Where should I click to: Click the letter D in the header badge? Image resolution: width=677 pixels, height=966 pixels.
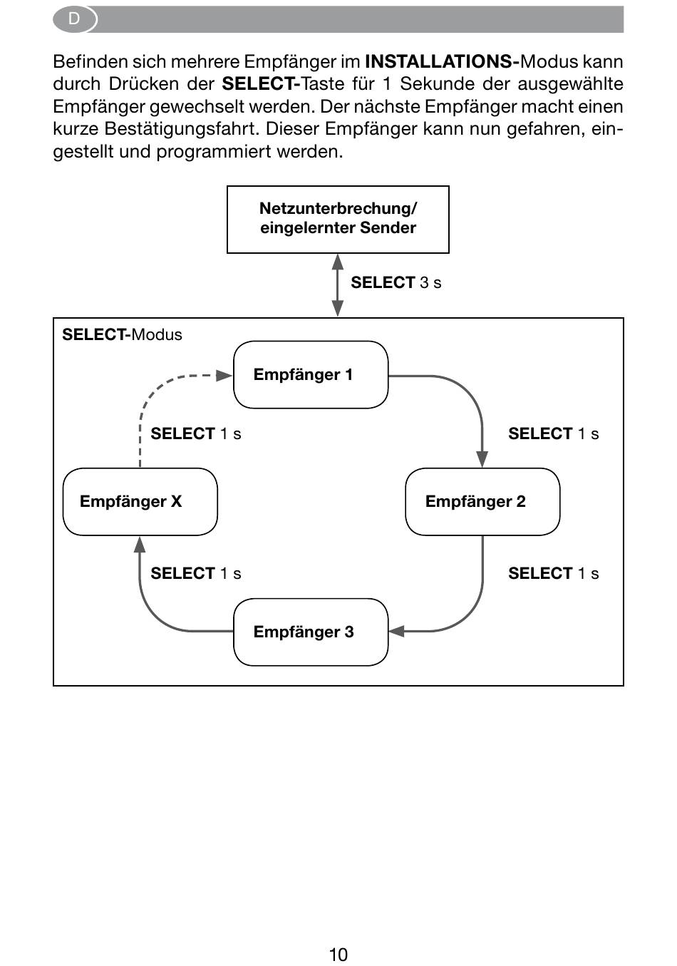point(74,19)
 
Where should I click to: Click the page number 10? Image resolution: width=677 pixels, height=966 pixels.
point(338,955)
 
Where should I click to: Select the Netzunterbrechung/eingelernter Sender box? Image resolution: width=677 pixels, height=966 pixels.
point(338,220)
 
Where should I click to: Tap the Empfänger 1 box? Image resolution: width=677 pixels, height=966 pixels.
point(311,375)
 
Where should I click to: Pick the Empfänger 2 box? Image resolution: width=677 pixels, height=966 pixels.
point(482,502)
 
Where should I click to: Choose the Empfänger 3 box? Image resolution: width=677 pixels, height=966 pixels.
point(311,632)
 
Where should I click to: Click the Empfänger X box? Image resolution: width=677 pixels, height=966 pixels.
point(140,502)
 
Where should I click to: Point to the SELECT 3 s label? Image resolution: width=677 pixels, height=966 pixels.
point(396,282)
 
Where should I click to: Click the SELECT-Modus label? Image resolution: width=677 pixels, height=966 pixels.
point(122,334)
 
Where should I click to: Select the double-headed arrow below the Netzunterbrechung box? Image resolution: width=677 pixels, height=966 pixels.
point(338,285)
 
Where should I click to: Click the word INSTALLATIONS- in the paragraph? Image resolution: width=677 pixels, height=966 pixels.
point(443,62)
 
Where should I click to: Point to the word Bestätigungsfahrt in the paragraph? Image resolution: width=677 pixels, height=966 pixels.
point(182,129)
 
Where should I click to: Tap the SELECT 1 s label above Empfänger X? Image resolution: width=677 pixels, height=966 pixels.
point(196,433)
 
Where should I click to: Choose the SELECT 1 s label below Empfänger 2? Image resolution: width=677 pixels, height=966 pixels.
point(554,573)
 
